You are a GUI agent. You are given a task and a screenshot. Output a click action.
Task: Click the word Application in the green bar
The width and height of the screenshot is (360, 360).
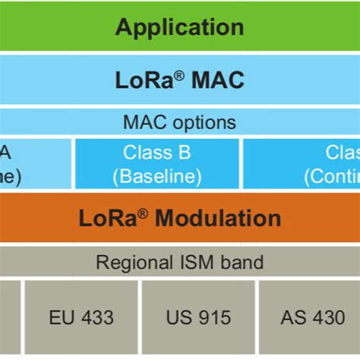point(180,27)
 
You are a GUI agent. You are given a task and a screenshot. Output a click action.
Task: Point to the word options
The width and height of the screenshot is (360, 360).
point(204,122)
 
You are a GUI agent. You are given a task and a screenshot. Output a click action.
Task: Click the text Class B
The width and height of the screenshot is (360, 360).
point(157,153)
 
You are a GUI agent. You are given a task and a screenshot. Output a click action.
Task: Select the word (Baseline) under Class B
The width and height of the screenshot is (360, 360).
point(157,177)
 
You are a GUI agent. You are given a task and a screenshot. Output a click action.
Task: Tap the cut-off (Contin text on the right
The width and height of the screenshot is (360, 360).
point(332,177)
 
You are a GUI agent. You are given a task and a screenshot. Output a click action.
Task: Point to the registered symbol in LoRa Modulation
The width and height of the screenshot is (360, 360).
point(144,213)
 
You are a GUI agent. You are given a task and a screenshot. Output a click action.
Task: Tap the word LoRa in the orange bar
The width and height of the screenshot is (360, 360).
point(107,219)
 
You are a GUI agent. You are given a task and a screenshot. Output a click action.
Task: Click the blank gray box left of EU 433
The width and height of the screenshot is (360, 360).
point(9,317)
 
